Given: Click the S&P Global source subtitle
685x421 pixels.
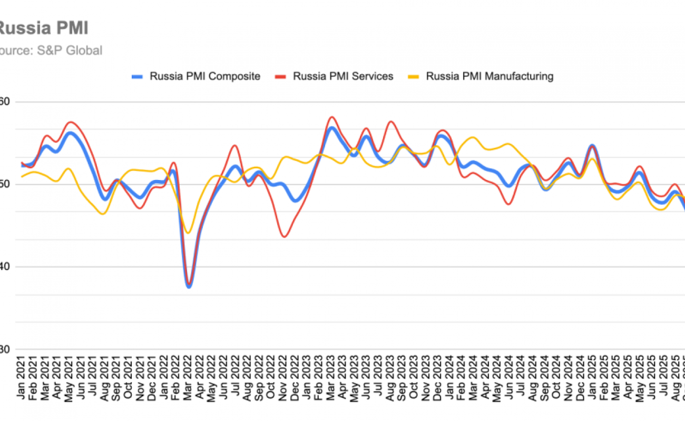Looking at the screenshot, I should pyautogui.click(x=51, y=51).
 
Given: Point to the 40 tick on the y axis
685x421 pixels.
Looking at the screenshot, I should pyautogui.click(x=5, y=267).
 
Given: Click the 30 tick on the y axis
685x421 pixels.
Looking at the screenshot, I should pyautogui.click(x=5, y=349).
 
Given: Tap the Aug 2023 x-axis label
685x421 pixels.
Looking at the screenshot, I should pyautogui.click(x=390, y=385).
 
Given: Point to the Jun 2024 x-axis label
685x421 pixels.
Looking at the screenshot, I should pyautogui.click(x=509, y=385).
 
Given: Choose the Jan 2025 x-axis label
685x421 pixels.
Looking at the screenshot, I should pyautogui.click(x=592, y=385).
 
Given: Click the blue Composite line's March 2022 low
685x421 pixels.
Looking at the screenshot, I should pyautogui.click(x=189, y=286).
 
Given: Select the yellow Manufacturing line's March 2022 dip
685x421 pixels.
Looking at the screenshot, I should pyautogui.click(x=188, y=233).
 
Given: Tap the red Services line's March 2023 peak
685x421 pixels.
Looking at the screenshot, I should pyautogui.click(x=331, y=117).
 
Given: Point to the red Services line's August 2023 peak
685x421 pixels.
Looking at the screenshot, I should pyautogui.click(x=390, y=122).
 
